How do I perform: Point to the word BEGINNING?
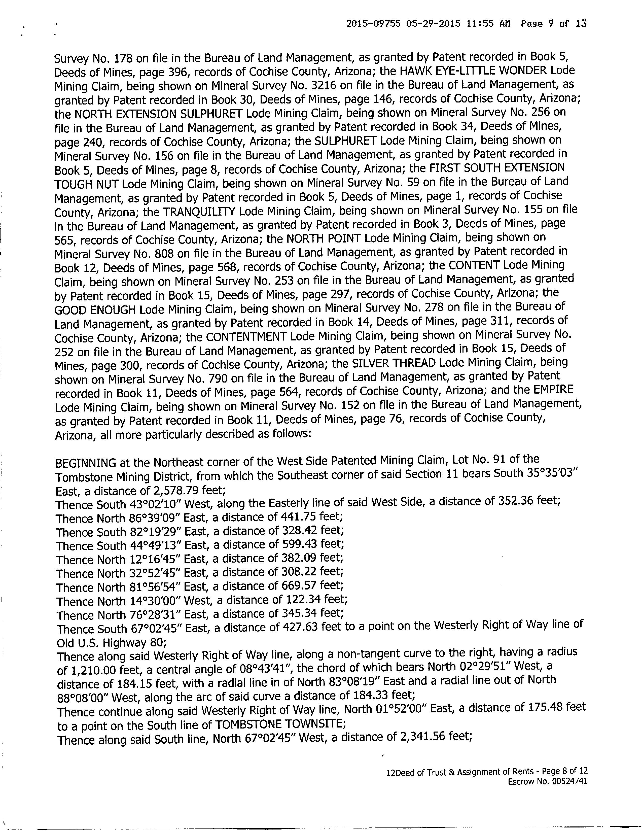[86, 463]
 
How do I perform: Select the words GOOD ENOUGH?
[95, 310]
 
